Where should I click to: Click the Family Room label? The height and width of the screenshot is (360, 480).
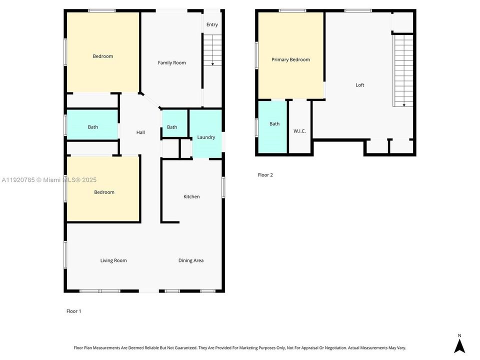171,62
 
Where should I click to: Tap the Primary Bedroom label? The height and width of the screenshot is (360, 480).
290,59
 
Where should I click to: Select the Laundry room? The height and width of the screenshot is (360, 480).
206,137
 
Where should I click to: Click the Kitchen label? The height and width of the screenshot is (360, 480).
191,196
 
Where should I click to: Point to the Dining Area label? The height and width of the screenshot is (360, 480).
191,260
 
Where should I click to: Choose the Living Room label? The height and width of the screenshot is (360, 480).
113,260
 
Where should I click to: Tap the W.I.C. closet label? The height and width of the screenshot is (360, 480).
299,131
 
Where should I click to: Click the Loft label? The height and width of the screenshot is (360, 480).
360,85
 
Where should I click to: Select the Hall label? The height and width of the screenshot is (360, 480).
140,132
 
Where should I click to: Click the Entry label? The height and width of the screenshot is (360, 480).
212,24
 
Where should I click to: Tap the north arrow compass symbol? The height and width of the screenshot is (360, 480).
459,344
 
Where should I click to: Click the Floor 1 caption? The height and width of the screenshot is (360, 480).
73,311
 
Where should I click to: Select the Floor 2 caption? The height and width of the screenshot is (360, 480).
265,175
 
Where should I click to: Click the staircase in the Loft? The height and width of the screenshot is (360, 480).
403,70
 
